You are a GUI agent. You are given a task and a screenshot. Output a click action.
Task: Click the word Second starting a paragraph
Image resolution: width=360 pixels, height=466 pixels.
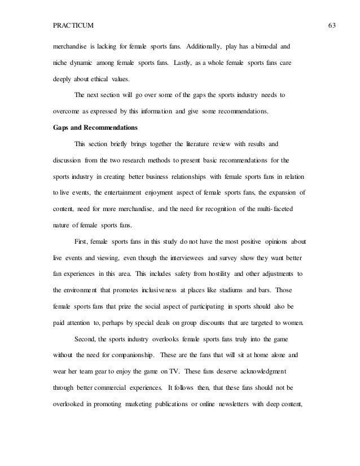coord(86,323)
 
